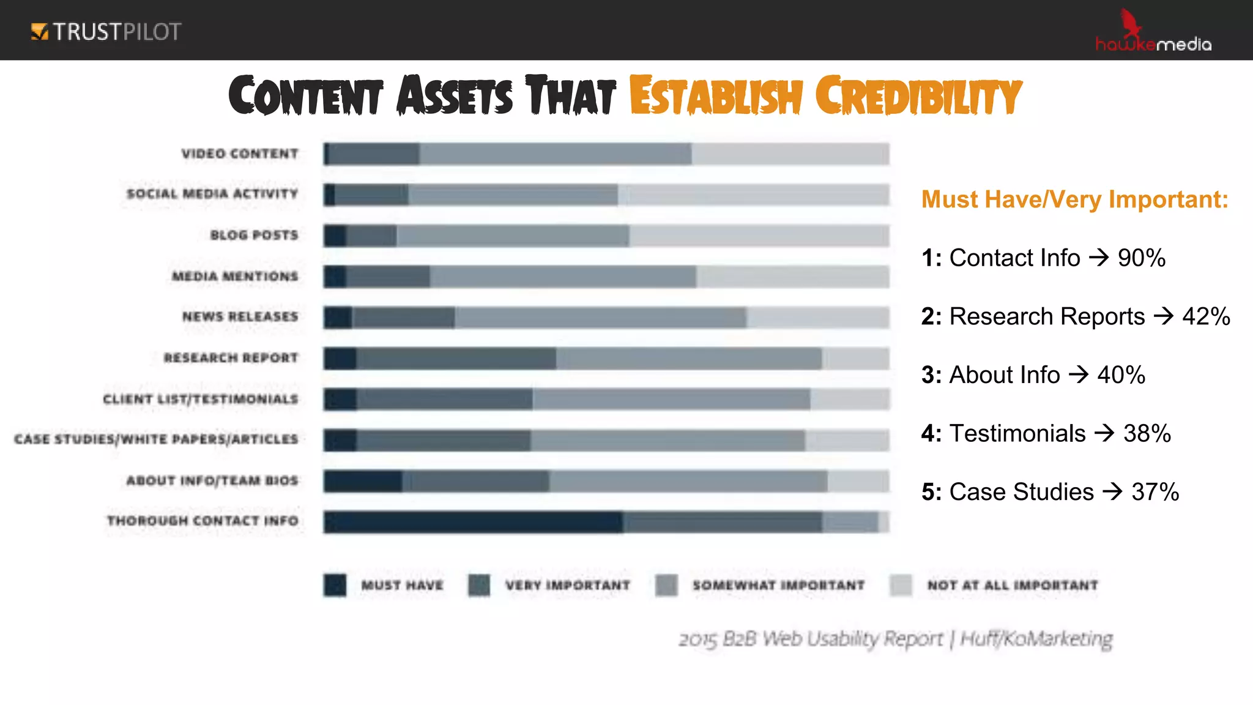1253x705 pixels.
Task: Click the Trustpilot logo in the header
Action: (106, 31)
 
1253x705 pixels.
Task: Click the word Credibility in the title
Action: (918, 97)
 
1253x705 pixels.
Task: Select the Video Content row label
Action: (240, 154)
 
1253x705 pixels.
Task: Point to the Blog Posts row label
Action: (254, 235)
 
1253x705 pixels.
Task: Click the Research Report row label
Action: (231, 357)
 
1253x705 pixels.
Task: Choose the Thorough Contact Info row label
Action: (203, 521)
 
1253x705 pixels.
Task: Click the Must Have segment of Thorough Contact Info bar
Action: (472, 522)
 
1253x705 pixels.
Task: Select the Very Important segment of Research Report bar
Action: (456, 359)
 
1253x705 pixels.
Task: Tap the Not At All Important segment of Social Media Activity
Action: (753, 195)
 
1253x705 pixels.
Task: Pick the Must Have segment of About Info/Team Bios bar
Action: (362, 481)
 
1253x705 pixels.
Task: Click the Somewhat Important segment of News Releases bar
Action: (600, 318)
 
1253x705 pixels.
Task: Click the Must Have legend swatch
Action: (335, 585)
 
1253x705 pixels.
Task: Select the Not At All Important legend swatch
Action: (901, 585)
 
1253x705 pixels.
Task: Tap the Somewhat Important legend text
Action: (778, 586)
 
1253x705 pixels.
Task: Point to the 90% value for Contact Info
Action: (1141, 258)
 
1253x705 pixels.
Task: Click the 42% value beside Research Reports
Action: (1205, 316)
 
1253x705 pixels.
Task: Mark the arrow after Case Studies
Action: (1112, 491)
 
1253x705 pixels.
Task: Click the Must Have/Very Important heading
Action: (1074, 200)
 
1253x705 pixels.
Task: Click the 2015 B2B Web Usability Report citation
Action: (895, 639)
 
